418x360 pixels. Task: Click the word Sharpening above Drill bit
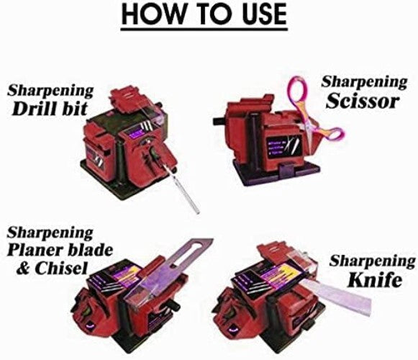(50, 91)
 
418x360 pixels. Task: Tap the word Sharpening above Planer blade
(50, 233)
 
